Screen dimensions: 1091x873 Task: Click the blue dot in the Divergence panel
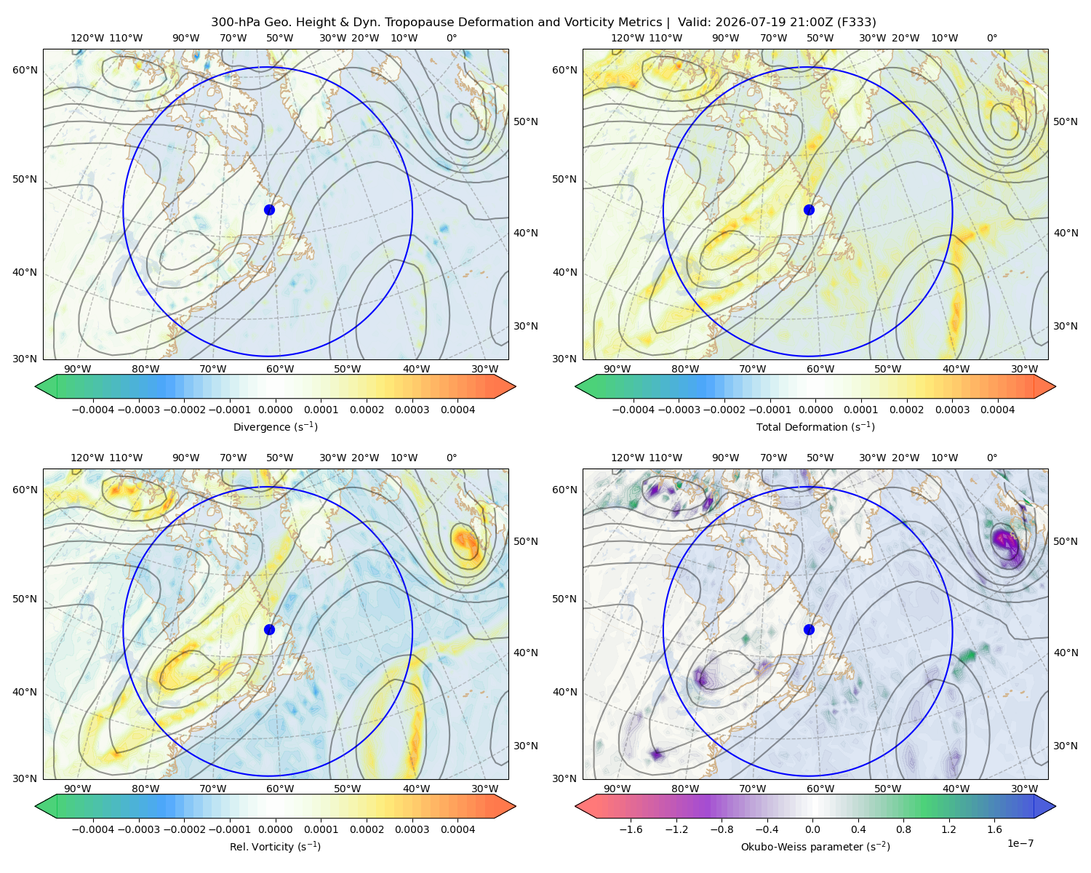pos(269,210)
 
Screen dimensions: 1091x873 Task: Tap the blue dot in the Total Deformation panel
pos(809,210)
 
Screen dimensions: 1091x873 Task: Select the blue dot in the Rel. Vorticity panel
pos(269,629)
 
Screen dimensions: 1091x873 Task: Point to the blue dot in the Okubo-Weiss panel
pos(809,629)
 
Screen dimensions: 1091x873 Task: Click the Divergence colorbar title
pos(275,426)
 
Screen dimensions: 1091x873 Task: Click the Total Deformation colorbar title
pos(815,426)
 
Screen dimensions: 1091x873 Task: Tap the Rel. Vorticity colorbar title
pos(275,846)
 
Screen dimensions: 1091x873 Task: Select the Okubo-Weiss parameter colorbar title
pos(815,846)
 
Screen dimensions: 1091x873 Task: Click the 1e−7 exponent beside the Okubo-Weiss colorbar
pos(1020,843)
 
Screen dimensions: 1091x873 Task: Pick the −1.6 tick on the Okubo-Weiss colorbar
pos(631,829)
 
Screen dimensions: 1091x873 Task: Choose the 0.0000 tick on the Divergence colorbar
pos(275,410)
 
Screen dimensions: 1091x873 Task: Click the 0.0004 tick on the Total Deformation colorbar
pos(997,410)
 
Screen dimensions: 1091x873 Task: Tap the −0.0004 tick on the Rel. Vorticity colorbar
pos(93,829)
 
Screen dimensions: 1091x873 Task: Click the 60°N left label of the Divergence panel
pos(25,70)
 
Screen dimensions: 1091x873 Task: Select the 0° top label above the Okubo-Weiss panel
pos(991,458)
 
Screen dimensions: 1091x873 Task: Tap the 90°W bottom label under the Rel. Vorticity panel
pos(78,789)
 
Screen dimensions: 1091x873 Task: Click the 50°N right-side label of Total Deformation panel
pos(1065,121)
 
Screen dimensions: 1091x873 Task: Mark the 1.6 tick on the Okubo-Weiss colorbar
pos(995,829)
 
